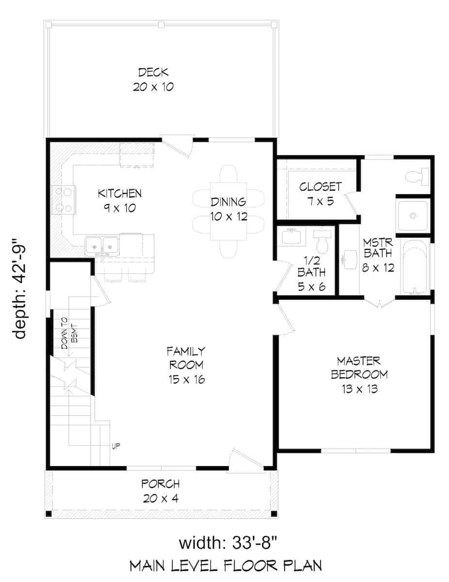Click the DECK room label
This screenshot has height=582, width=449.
153,72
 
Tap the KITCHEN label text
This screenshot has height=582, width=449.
120,194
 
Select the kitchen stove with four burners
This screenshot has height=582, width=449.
64,200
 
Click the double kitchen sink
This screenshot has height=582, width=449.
102,246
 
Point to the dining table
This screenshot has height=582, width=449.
228,211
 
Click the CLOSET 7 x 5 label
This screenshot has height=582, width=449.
321,194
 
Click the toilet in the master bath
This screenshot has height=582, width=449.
417,176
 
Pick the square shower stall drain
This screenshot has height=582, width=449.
413,216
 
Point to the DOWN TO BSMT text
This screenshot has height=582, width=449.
70,334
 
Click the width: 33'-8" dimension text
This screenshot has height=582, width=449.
228,536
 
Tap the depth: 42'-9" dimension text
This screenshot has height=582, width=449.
19,289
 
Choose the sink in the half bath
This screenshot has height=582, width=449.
291,237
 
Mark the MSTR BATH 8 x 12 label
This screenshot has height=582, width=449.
378,255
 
